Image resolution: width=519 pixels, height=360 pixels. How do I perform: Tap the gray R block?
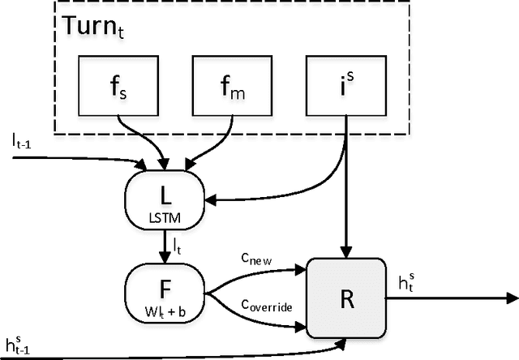pyautogui.click(x=344, y=297)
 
